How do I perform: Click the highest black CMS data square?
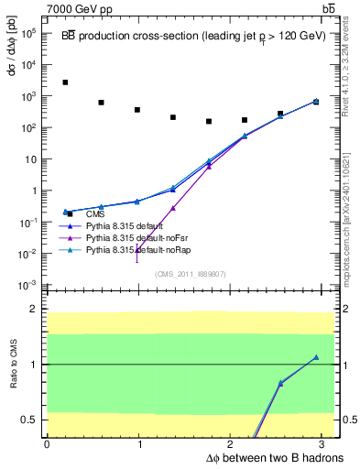pyautogui.click(x=65, y=82)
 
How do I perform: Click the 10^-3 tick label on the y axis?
pyautogui.click(x=27, y=286)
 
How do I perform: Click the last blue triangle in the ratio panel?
pyautogui.click(x=316, y=357)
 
